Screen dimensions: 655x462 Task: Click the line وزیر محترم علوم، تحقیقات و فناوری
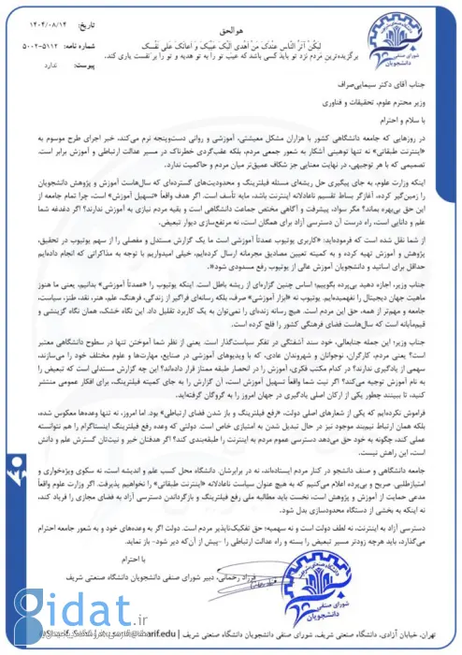pyautogui.click(x=369, y=103)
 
